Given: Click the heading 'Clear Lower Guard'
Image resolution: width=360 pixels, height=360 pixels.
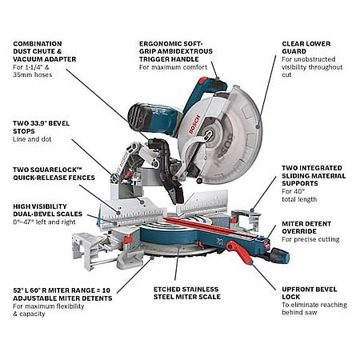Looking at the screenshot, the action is [306, 47].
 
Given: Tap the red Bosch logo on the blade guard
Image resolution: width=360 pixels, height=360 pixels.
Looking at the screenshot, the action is [194, 124].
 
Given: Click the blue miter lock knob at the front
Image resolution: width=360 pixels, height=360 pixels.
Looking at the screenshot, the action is [280, 256].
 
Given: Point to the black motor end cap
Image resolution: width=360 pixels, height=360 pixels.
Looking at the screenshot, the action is [138, 117].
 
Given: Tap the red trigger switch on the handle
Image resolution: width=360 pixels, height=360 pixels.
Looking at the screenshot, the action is [203, 81].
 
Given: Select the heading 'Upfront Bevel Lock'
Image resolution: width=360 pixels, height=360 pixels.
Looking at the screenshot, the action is [310, 293].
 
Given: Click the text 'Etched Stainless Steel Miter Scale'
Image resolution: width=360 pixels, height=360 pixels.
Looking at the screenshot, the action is [187, 293].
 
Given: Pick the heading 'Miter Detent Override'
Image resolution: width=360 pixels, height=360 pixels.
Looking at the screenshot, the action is [306, 227].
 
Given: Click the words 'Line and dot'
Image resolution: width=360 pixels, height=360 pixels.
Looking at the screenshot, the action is [32, 139].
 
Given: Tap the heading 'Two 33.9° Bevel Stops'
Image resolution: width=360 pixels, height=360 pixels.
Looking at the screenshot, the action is [41, 127].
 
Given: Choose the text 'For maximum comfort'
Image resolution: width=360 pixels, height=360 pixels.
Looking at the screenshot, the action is [173, 67].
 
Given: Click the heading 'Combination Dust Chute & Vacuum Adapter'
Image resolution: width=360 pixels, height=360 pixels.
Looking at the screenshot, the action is [45, 51].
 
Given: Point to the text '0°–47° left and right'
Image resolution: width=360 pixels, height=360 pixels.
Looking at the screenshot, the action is [44, 222].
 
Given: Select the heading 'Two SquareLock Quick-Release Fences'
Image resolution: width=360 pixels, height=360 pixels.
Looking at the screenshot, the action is [54, 174].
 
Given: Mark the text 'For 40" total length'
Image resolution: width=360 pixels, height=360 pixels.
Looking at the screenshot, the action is [299, 195].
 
